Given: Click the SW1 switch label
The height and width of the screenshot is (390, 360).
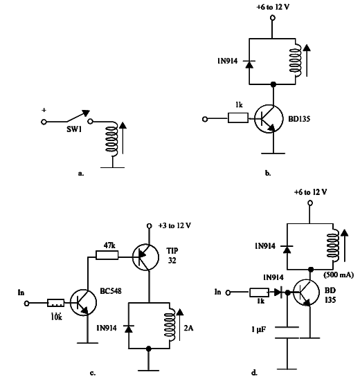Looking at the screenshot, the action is [74, 129].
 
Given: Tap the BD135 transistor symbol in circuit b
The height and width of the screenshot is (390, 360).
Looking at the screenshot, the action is [269, 119].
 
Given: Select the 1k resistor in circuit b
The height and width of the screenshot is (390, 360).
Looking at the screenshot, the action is [238, 118].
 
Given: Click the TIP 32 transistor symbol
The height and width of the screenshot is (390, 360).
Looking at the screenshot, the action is [145, 257].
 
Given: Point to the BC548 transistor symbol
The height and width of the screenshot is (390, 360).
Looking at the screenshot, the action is [83, 303].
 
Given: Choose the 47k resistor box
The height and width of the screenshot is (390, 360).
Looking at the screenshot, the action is [107, 255].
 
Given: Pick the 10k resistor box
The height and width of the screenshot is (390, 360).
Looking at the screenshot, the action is [56, 303].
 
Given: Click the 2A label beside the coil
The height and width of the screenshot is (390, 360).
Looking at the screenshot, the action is [188, 328].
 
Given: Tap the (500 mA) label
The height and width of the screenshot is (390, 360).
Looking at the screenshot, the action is [339, 275].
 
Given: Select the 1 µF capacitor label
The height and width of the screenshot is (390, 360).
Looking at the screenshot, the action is [258, 330].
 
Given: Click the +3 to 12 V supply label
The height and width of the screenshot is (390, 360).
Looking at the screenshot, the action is [174, 225].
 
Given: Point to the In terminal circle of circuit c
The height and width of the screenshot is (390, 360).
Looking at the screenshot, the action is [26, 303].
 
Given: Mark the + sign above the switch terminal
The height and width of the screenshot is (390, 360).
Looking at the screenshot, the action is [44, 110].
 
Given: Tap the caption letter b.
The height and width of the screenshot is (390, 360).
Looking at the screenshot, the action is [268, 173].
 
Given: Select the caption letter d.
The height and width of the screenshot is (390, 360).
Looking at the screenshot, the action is [254, 373].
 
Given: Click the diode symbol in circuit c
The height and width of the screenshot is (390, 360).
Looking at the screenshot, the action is [129, 328].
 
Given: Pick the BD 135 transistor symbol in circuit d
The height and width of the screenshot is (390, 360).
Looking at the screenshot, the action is [306, 292].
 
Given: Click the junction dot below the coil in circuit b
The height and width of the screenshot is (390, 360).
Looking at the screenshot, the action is [273, 84].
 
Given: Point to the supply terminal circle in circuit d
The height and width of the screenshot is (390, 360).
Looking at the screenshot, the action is [310, 203].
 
